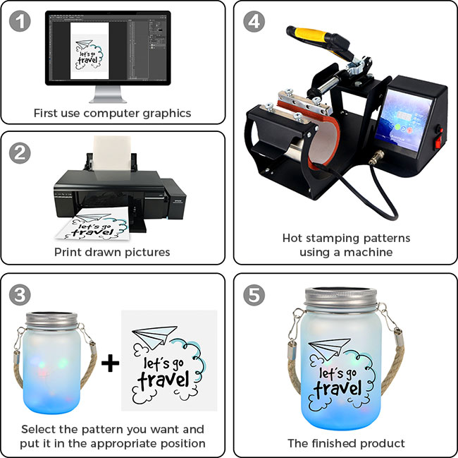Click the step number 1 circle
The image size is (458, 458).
click(20, 21)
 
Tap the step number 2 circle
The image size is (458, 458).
click(20, 153)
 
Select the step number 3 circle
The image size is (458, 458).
click(20, 295)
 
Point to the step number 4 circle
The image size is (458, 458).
click(254, 21)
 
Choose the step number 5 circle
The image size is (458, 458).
click(254, 295)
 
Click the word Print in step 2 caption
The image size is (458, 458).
click(68, 252)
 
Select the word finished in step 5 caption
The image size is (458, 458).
click(333, 443)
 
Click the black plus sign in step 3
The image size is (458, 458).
click(110, 363)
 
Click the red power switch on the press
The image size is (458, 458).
click(438, 143)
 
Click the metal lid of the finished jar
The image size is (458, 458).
click(340, 299)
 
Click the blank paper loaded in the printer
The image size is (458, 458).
click(112, 154)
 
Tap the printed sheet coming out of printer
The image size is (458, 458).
click(93, 224)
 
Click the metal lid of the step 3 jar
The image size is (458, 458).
click(51, 321)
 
